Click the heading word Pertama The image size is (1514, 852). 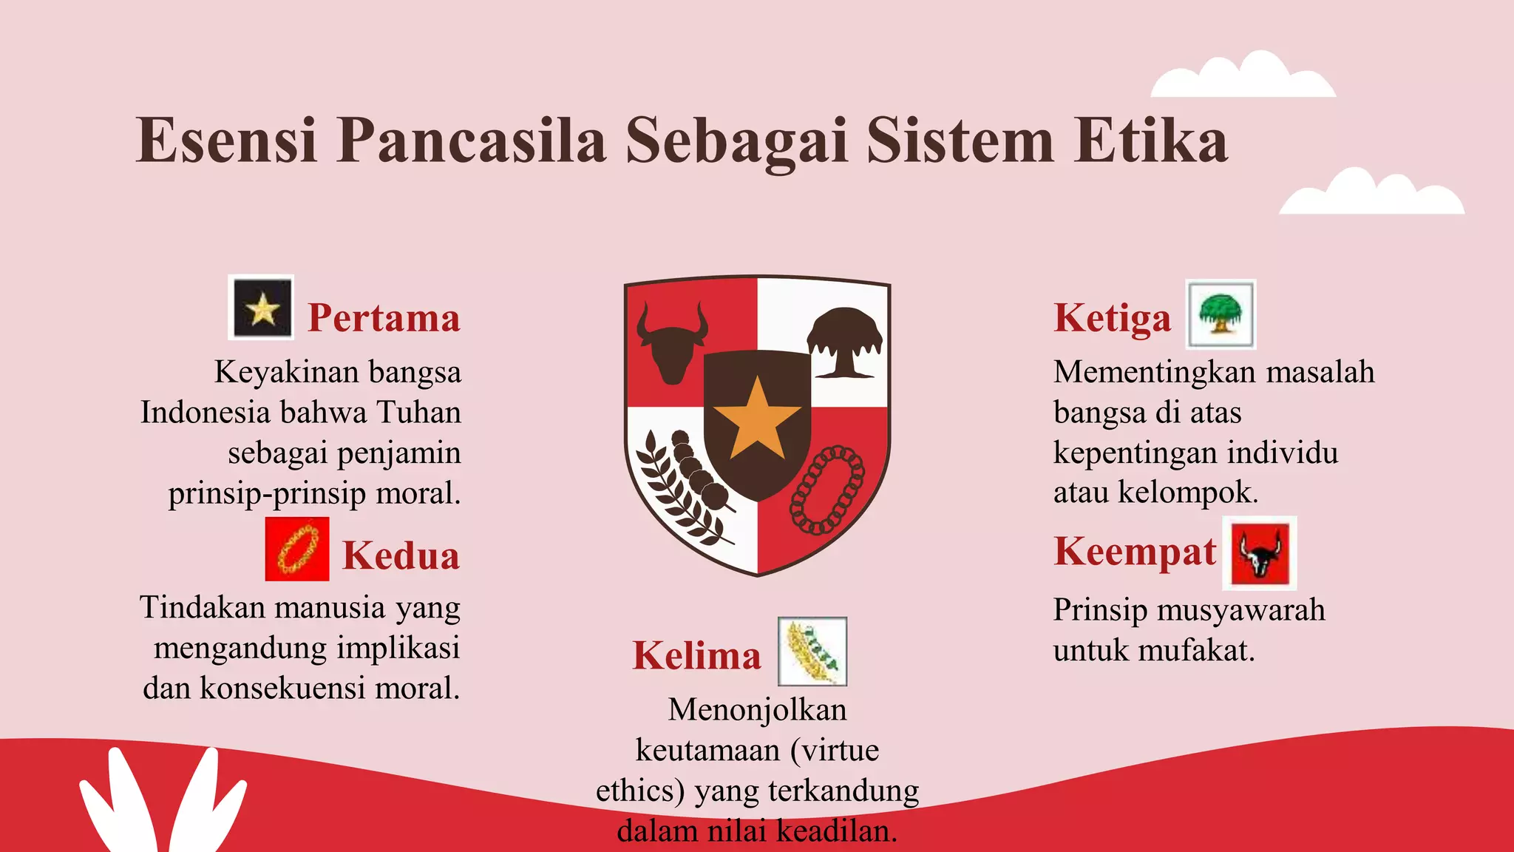tap(384, 318)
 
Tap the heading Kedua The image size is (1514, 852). tap(401, 555)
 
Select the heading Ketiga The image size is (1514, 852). tap(1113, 318)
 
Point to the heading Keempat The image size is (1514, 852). tap(1135, 552)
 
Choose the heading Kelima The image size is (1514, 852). tap(696, 656)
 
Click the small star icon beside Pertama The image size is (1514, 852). tap(262, 308)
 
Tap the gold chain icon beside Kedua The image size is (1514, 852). tap(297, 549)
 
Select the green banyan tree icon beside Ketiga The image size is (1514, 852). tap(1221, 314)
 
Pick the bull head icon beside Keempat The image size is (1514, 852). tap(1260, 553)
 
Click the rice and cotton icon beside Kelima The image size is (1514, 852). tap(812, 652)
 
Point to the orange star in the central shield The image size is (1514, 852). tap(757, 419)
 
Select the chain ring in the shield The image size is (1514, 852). tap(827, 490)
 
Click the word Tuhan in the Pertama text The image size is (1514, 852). tap(418, 412)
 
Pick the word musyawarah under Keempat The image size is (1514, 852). tap(1240, 610)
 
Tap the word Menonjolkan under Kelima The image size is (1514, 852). tap(757, 710)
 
